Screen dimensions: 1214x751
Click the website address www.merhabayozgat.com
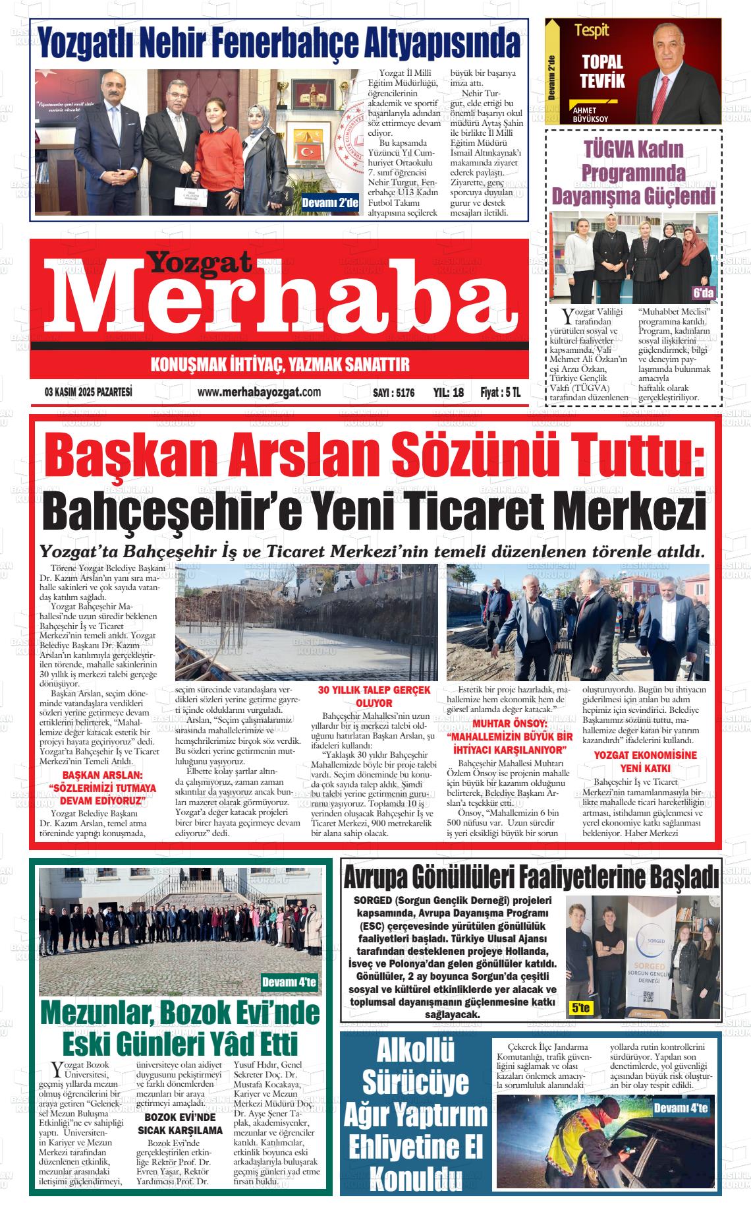pos(250,392)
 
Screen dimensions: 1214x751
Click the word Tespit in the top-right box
pos(592,30)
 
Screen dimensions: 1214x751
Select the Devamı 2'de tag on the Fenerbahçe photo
pos(329,203)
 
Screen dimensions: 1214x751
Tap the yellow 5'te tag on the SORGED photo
pos(581,1008)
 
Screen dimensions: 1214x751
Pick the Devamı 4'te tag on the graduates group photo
pos(289,983)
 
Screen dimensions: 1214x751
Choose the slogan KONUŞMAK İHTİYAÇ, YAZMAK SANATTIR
pos(280,365)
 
